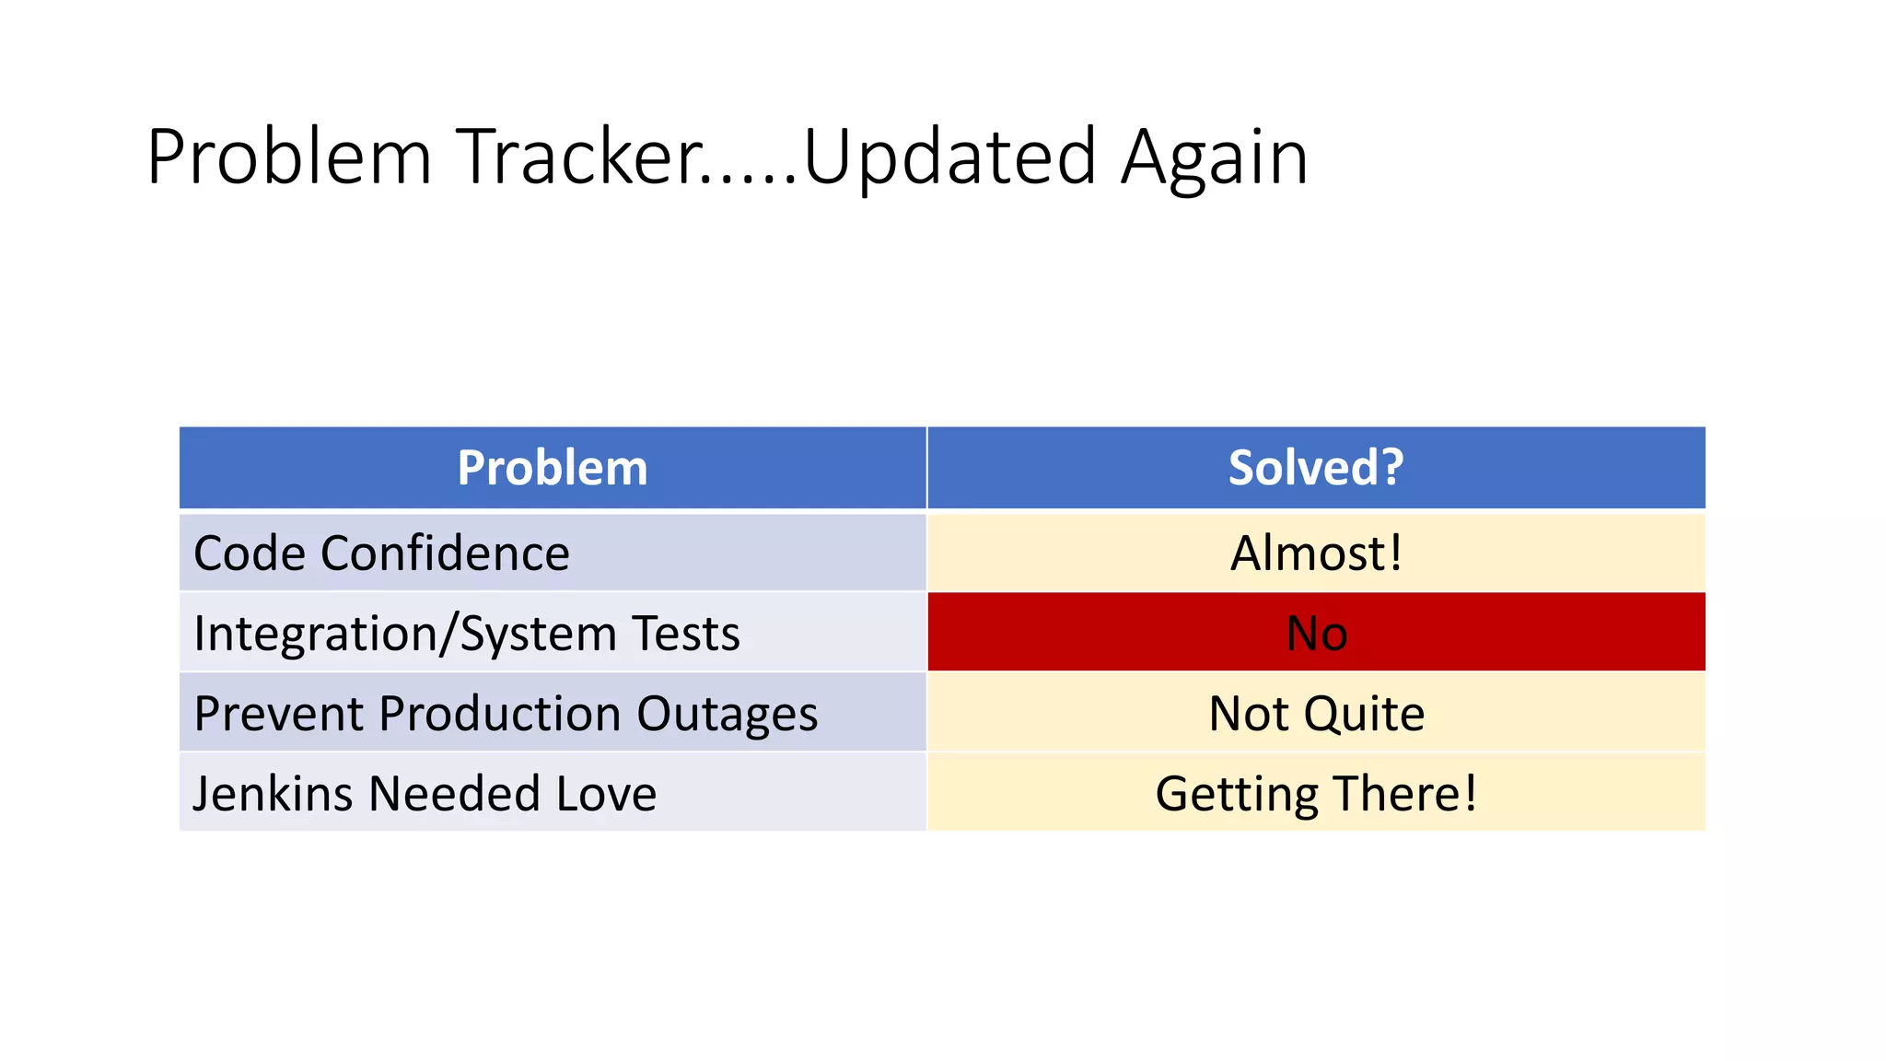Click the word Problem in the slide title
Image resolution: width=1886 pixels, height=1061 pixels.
coord(289,157)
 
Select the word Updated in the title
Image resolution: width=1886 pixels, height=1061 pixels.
coord(949,157)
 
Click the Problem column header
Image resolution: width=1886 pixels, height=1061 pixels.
coord(553,468)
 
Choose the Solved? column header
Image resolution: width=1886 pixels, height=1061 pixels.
coord(1316,468)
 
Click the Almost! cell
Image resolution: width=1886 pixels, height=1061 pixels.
coord(1316,554)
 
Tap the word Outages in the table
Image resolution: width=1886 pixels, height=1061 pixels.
coord(727,715)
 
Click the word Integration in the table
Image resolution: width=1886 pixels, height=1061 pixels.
coord(313,635)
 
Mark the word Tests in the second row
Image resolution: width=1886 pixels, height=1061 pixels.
coord(686,635)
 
